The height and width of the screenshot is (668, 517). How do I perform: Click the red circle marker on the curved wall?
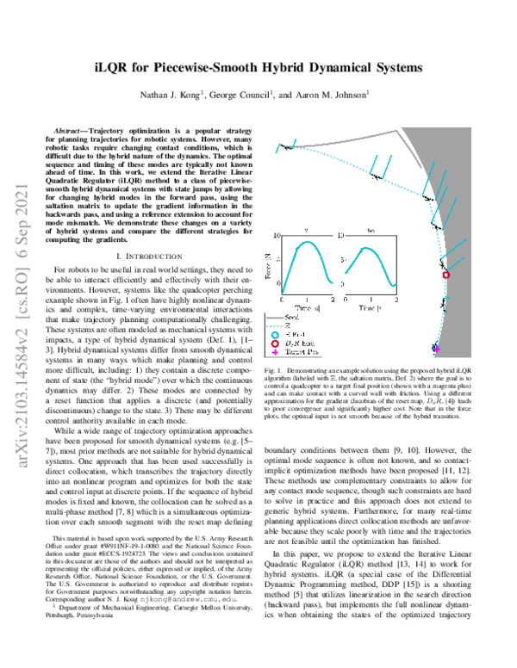coord(446,275)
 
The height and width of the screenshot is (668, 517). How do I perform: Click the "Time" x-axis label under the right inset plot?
coord(365,306)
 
